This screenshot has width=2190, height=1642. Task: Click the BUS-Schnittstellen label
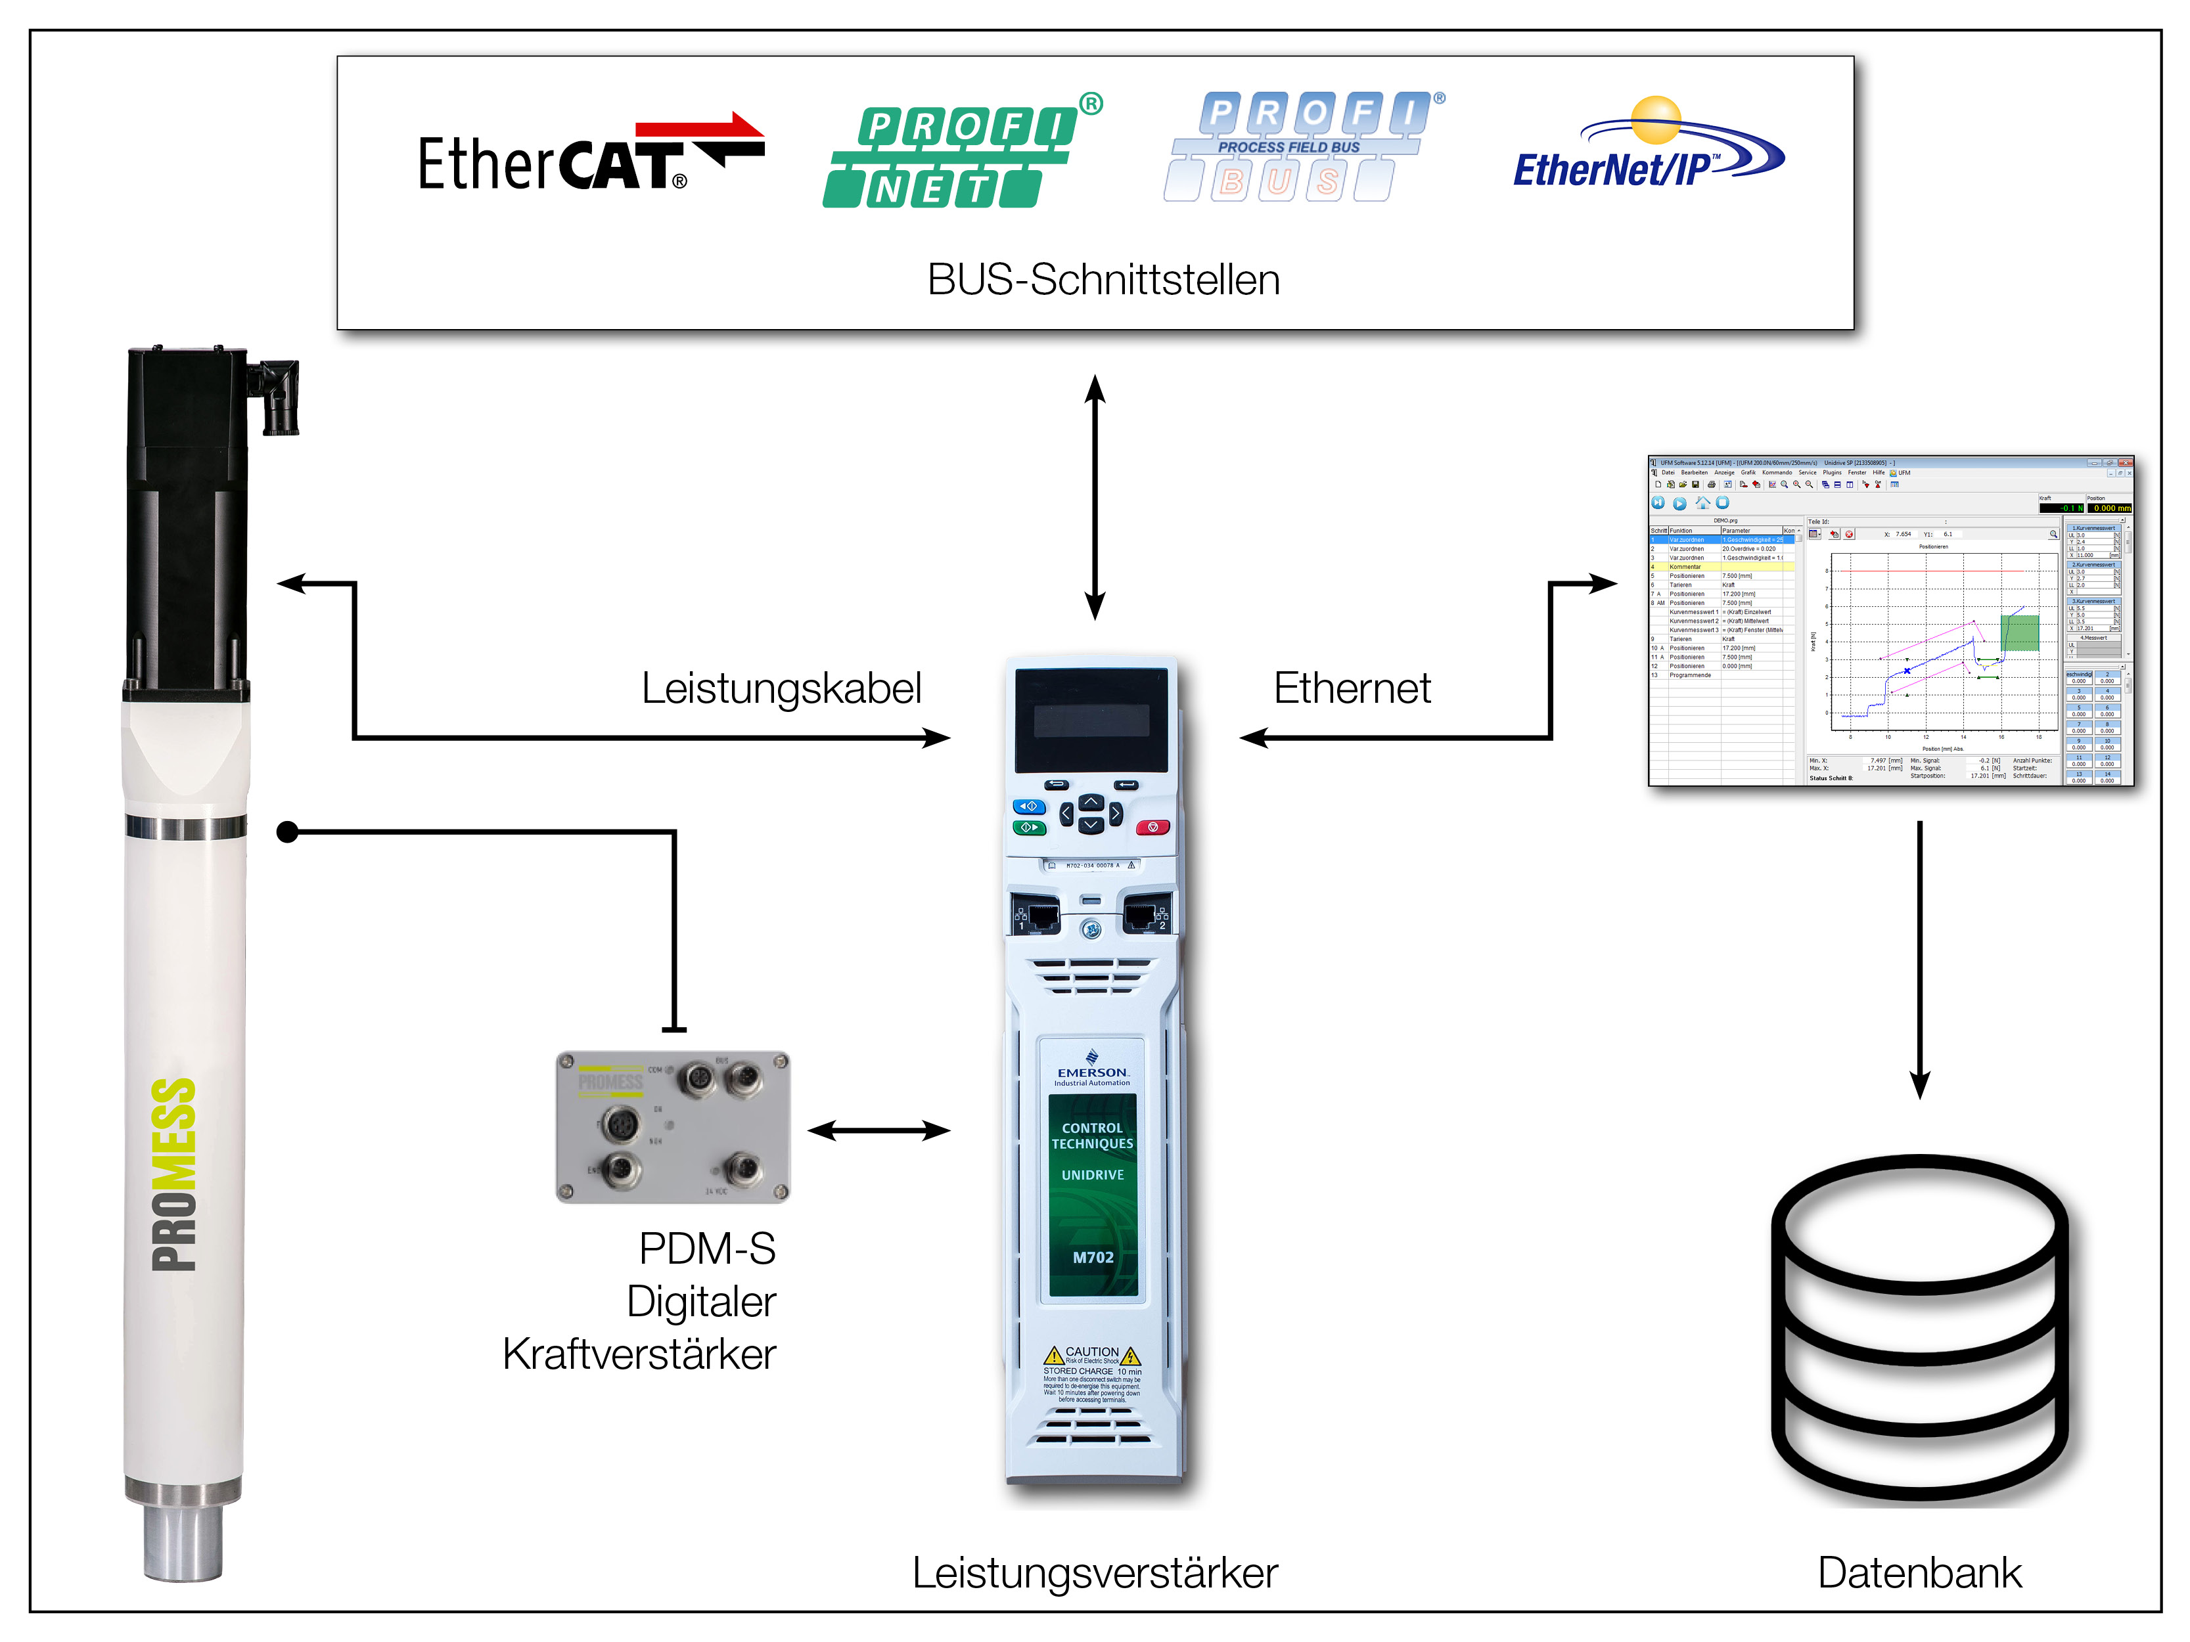pyautogui.click(x=1103, y=280)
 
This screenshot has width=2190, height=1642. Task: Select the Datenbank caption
pyautogui.click(x=1919, y=1572)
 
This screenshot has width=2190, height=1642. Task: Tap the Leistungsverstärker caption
pyautogui.click(x=1094, y=1572)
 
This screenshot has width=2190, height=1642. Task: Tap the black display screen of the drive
pyautogui.click(x=1091, y=720)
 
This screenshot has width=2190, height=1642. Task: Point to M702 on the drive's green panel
pyautogui.click(x=1093, y=1257)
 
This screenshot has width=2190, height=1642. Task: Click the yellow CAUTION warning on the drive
pyautogui.click(x=1092, y=1353)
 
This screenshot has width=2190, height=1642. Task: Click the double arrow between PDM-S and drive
pyautogui.click(x=878, y=1130)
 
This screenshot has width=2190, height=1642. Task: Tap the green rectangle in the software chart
pyautogui.click(x=2020, y=633)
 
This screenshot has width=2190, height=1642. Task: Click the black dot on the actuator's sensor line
pyautogui.click(x=287, y=832)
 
